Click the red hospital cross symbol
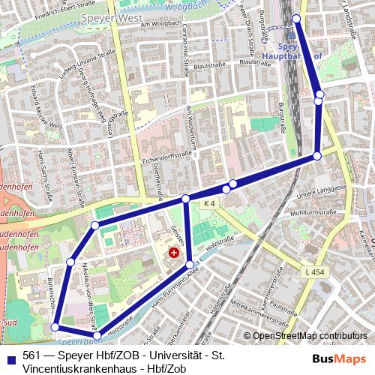coord(174,253)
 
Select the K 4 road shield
coord(208,203)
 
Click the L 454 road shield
coord(316,270)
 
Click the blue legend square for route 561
coord(9,355)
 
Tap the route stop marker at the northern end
coord(295,19)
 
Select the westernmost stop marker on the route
coord(55,327)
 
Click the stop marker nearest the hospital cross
coord(190,264)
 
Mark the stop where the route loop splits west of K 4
coord(185,199)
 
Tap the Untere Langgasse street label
coord(320,193)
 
